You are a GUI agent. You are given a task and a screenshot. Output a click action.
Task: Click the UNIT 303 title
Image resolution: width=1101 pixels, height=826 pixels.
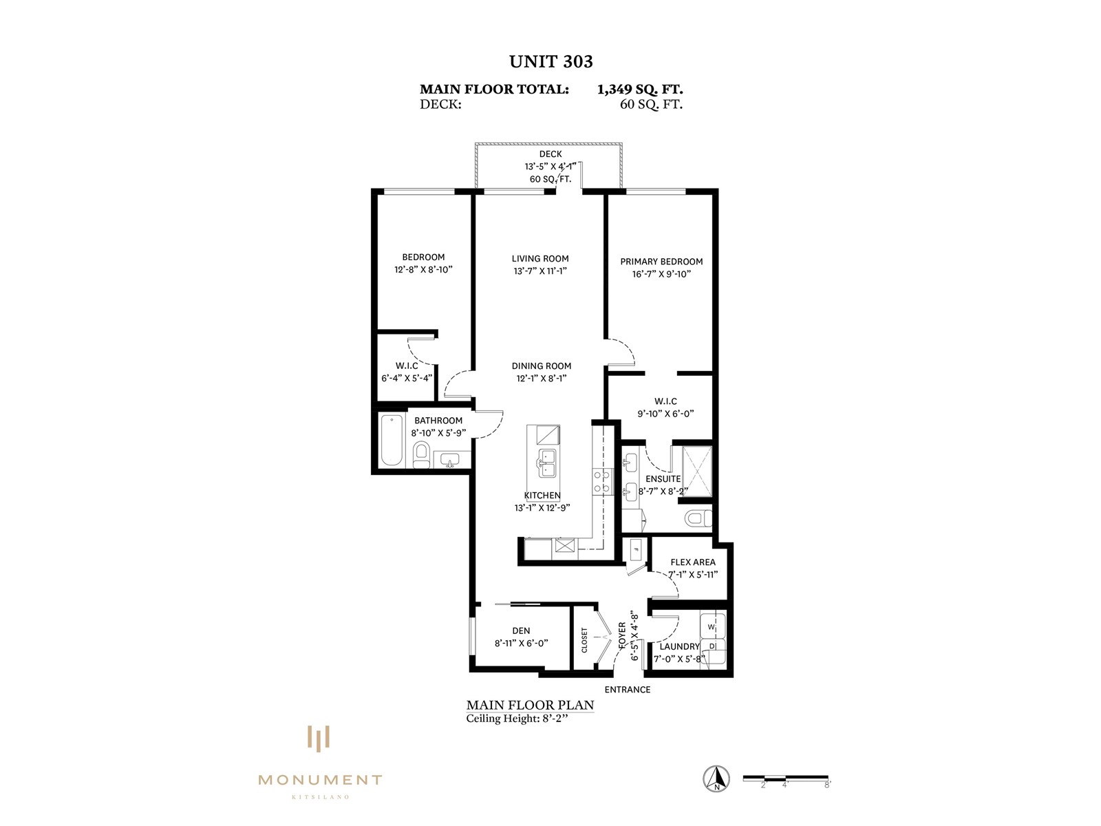click(550, 62)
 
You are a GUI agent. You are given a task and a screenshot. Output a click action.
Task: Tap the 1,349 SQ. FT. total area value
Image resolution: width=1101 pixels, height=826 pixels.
click(639, 89)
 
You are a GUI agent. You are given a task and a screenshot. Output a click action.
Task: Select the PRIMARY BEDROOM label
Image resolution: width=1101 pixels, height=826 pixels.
click(661, 262)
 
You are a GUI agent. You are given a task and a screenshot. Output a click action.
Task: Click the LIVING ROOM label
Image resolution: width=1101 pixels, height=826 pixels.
click(540, 258)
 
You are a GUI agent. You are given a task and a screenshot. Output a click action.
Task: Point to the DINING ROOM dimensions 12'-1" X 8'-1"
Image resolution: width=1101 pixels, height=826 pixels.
click(542, 378)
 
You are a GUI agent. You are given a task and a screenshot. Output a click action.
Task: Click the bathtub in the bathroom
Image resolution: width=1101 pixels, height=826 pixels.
click(392, 441)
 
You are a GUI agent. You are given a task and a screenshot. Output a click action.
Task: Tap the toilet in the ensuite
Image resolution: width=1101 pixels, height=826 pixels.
click(698, 518)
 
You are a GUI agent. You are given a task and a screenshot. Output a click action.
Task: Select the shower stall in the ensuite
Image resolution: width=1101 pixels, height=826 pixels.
click(696, 471)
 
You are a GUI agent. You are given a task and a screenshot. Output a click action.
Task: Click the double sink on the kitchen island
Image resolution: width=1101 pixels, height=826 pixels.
click(547, 463)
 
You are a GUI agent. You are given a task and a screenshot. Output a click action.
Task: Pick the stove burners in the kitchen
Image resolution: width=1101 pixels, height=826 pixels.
click(602, 480)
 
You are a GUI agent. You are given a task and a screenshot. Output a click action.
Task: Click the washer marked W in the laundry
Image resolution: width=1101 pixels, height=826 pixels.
click(712, 626)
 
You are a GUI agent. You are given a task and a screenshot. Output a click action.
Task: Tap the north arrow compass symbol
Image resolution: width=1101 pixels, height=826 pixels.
click(716, 779)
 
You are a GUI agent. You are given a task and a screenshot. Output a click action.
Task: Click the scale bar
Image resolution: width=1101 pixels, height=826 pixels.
click(786, 778)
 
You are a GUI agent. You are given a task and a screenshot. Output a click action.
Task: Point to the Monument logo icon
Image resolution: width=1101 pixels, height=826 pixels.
click(319, 739)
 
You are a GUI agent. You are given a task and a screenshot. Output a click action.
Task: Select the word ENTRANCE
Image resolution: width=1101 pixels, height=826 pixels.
click(628, 690)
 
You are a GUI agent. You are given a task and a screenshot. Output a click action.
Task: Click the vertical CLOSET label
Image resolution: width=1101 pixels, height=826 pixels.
click(584, 640)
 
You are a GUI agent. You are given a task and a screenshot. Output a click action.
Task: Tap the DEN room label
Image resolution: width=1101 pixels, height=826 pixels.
click(521, 631)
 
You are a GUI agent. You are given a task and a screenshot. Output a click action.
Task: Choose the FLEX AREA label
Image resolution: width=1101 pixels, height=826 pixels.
click(693, 562)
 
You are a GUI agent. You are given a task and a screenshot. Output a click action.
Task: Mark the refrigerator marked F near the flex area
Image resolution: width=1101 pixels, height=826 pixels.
click(636, 550)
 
